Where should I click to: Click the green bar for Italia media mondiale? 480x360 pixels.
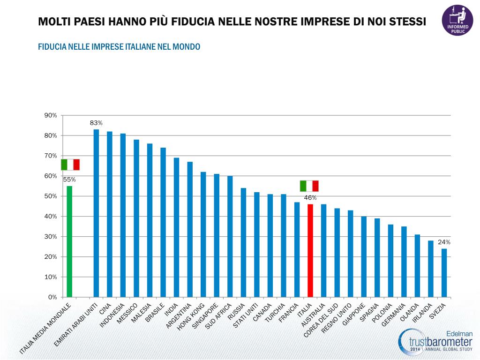69,241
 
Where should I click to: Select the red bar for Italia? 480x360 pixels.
310,250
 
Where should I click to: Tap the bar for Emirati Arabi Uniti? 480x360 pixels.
96,213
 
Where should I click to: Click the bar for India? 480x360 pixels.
176,227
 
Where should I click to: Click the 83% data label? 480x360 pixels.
96,123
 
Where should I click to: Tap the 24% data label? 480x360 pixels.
444,242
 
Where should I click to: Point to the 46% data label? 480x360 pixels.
310,198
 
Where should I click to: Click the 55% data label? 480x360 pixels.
69,180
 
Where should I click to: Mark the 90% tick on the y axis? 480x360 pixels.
50,115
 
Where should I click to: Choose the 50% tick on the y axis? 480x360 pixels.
50,196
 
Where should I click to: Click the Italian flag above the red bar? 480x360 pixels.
309,186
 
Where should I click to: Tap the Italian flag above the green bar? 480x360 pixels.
70,165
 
